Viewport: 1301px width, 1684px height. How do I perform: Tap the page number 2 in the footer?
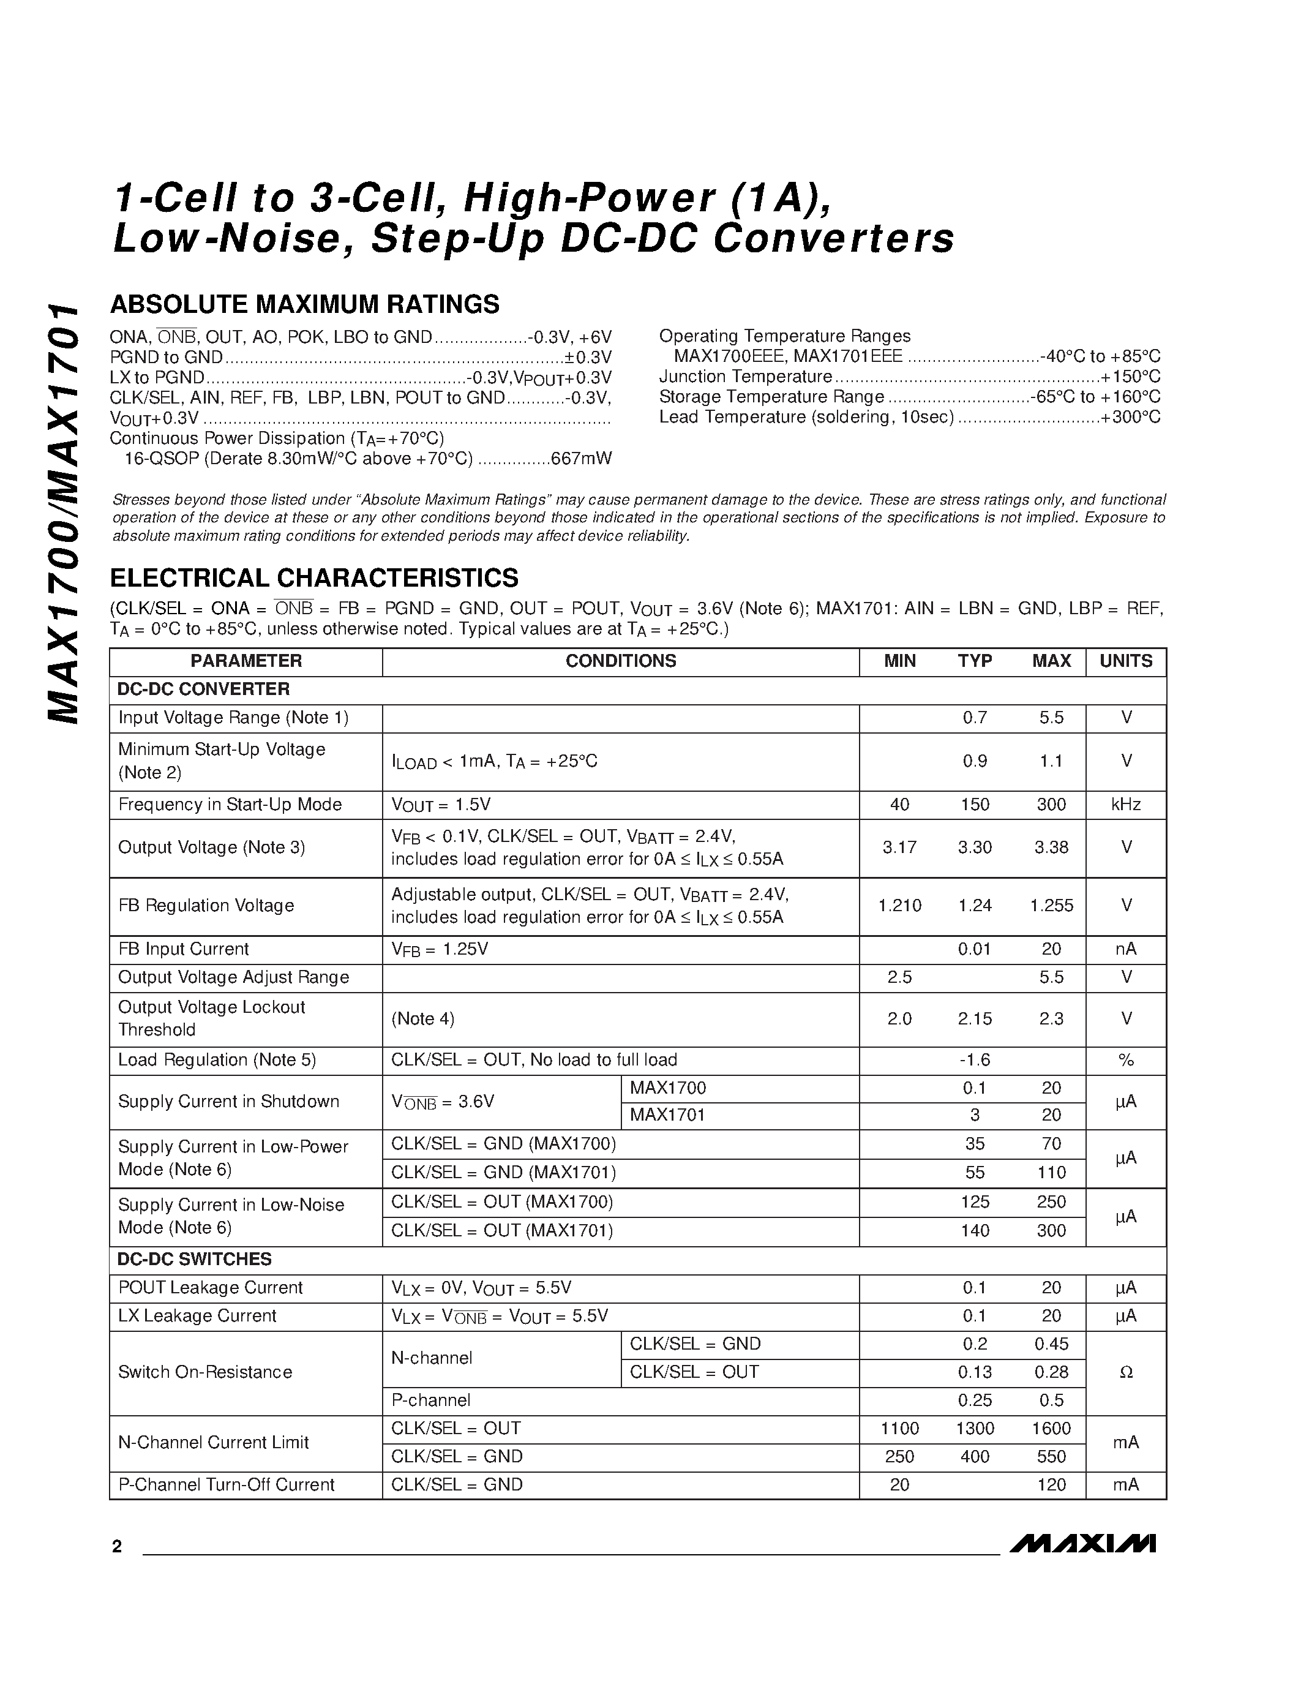click(117, 1547)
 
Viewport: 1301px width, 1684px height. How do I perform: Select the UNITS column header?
click(1125, 661)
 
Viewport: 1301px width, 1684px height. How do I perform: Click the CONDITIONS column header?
click(620, 661)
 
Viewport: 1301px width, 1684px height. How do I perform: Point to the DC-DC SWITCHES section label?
click(194, 1259)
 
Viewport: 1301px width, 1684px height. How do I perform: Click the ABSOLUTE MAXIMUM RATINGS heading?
click(304, 304)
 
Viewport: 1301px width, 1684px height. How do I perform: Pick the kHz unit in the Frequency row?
click(1125, 804)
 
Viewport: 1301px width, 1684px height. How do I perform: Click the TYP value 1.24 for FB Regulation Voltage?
click(974, 905)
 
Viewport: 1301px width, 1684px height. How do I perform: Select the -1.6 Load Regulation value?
click(974, 1059)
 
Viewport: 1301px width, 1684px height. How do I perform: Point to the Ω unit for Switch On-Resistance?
click(1125, 1372)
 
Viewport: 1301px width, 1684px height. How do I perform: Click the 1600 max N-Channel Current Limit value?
click(1051, 1428)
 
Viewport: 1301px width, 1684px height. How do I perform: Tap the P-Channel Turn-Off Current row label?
click(226, 1484)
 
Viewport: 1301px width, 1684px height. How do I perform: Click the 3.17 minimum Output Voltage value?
click(899, 848)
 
